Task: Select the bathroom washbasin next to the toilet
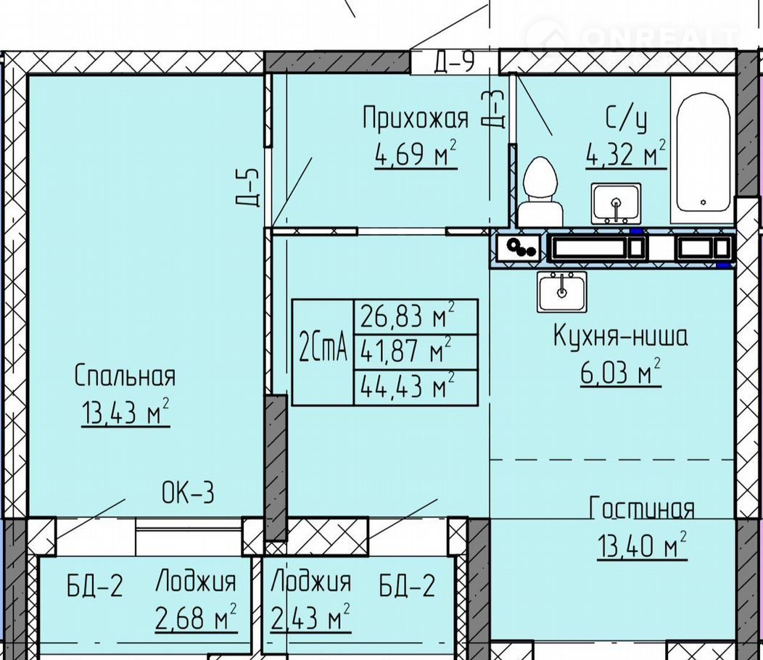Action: click(616, 203)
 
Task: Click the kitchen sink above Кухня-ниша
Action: click(562, 292)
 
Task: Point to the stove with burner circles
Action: click(519, 248)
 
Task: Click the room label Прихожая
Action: click(416, 117)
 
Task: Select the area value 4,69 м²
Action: click(416, 153)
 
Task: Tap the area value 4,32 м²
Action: click(626, 154)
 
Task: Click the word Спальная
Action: click(125, 376)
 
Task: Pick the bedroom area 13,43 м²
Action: click(125, 412)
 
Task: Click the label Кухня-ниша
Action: click(620, 336)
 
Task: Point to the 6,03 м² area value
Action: click(620, 372)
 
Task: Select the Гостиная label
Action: click(641, 508)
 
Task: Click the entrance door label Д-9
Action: click(454, 62)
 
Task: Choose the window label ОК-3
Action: click(188, 493)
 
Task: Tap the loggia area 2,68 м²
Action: click(196, 617)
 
